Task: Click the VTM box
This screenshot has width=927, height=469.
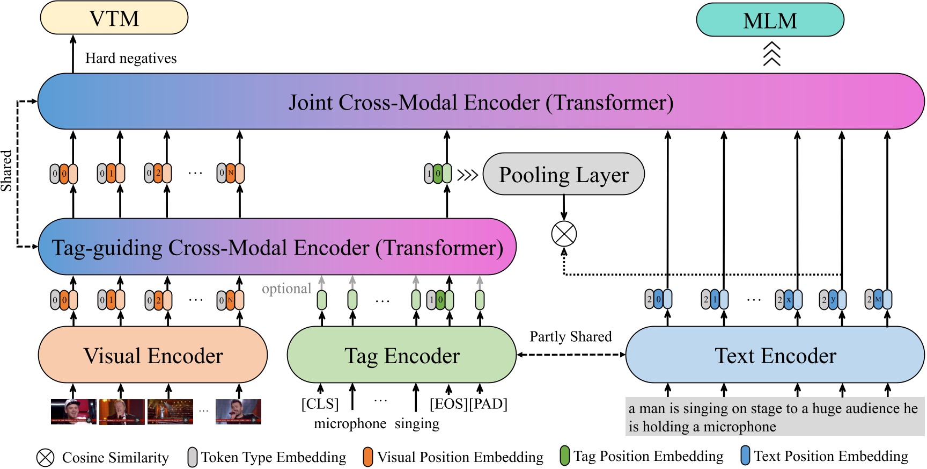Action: pos(114,18)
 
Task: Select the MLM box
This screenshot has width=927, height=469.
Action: pos(770,20)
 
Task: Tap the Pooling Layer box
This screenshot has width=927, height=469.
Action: pos(563,174)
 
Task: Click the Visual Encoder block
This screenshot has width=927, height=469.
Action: pos(153,355)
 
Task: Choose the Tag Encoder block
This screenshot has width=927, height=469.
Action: pos(402,355)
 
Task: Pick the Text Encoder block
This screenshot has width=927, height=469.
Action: pos(775,355)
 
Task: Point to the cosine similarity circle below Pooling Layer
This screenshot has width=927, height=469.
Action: pos(564,234)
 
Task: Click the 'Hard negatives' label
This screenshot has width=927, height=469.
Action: pos(131,58)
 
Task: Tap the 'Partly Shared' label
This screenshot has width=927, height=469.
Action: pos(571,337)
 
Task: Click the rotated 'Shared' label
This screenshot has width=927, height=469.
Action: pos(6,171)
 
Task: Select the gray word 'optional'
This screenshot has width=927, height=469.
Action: pos(286,288)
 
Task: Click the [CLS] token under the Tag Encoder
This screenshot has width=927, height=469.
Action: pos(320,403)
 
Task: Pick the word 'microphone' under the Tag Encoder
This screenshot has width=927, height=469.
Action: pos(350,424)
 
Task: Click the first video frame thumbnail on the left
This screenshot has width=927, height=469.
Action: pos(73,412)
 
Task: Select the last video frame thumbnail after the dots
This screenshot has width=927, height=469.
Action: pos(238,412)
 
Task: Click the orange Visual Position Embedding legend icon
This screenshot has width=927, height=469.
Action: pos(367,457)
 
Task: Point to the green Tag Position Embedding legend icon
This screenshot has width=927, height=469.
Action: pos(564,456)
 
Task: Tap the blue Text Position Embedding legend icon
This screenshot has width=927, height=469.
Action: pos(745,456)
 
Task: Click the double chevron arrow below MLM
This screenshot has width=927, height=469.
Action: pos(771,54)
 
